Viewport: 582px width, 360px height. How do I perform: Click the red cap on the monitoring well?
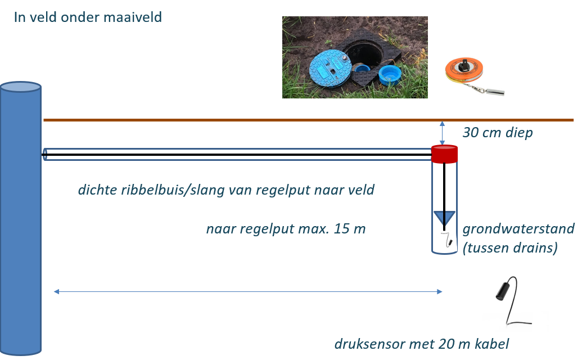point(445,153)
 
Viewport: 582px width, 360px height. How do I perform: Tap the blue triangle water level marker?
point(445,217)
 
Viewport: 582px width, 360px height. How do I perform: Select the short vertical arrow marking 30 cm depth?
point(443,133)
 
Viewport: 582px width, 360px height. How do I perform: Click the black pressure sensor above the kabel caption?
point(502,290)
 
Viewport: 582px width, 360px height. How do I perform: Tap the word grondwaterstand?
point(518,229)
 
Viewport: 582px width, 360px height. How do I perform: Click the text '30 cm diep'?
point(497,133)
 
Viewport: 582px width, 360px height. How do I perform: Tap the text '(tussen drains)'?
point(509,247)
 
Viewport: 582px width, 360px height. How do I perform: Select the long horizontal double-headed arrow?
point(248,291)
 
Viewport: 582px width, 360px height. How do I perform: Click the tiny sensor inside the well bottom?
point(449,242)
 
